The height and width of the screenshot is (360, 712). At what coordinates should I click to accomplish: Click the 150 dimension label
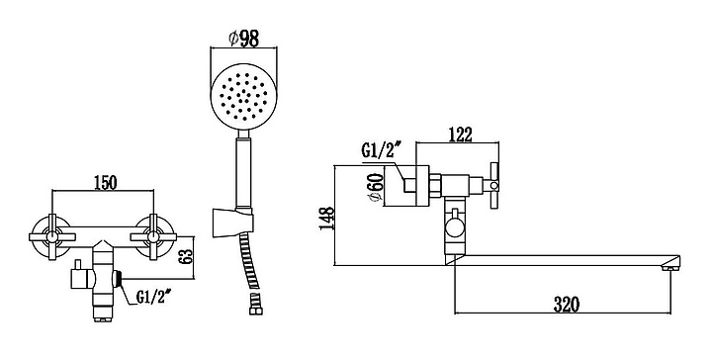click(106, 183)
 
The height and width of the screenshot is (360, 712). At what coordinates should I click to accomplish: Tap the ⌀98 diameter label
click(244, 40)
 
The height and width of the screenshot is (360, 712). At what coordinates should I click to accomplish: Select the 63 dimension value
click(187, 257)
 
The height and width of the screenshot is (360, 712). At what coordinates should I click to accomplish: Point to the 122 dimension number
click(461, 135)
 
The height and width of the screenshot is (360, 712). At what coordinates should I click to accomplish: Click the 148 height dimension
click(327, 219)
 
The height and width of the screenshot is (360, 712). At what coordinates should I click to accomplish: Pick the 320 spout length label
click(567, 305)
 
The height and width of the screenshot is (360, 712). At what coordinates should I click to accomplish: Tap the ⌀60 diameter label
click(378, 189)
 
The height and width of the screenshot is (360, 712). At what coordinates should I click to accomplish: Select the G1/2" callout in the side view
click(382, 150)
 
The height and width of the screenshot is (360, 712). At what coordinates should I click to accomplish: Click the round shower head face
click(244, 96)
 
